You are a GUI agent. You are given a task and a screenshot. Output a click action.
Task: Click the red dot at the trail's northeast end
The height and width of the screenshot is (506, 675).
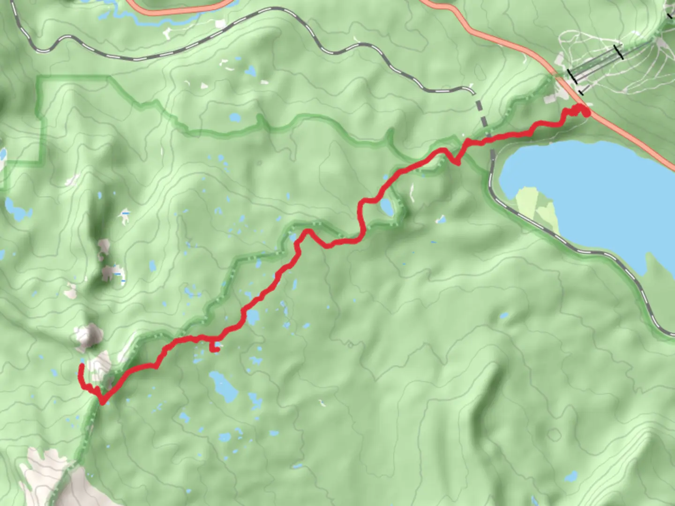click(x=585, y=112)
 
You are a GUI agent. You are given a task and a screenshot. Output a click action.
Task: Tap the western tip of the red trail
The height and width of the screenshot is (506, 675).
click(x=82, y=366)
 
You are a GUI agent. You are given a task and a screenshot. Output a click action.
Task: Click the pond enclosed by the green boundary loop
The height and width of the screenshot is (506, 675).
click(x=387, y=207)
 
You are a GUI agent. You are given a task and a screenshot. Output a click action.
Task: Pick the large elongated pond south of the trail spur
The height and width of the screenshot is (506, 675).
click(x=223, y=387)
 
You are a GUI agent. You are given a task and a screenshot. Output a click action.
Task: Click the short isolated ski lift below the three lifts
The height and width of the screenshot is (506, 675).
click(x=581, y=92)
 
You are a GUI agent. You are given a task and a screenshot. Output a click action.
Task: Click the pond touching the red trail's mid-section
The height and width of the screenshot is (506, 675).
click(x=252, y=318)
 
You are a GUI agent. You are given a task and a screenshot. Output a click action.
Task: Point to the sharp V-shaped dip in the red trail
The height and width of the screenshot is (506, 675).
click(x=456, y=162)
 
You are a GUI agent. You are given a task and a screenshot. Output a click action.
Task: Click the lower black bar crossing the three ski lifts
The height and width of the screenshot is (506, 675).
click(x=572, y=76)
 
